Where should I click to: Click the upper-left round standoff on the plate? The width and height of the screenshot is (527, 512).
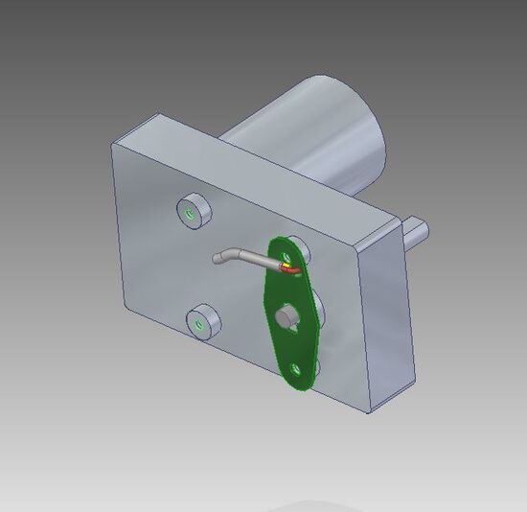193,212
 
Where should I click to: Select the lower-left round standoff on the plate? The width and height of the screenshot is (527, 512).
202,324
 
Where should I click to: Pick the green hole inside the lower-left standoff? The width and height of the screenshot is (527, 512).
199,327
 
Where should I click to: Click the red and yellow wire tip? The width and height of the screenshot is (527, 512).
287,269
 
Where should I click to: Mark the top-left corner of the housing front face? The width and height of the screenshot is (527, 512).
112,144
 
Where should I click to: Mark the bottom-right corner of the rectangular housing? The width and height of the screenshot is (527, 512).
373,412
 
